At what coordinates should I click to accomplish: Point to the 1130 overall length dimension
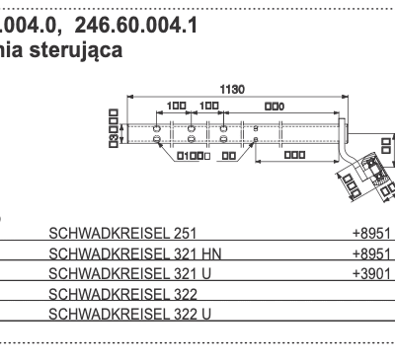coord(231,89)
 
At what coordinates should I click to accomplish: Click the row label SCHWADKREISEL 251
coord(122,235)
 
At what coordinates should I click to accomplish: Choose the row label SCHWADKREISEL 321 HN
coord(134,254)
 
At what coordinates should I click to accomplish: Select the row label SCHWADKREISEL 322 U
coord(129,314)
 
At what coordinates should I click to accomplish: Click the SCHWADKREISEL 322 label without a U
coord(122,294)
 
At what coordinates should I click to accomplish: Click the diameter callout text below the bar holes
coord(190,156)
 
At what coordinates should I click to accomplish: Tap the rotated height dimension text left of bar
coord(114,127)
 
